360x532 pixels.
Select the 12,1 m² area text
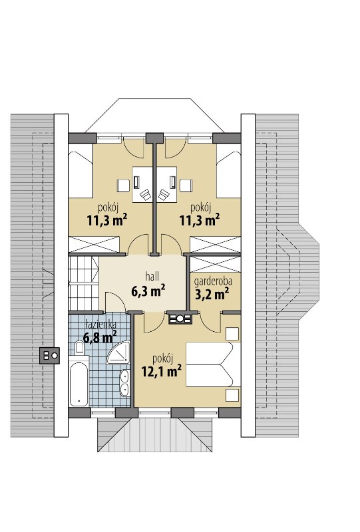pyautogui.click(x=161, y=371)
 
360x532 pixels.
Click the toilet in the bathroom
pyautogui.click(x=80, y=348)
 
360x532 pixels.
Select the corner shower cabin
pyautogui.click(x=119, y=352)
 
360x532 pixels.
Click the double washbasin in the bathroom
pyautogui.click(x=125, y=384)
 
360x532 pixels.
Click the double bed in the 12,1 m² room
pyautogui.click(x=213, y=364)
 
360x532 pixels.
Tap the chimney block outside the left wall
pyautogui.click(x=50, y=356)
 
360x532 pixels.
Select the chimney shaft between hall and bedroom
pyautogui.click(x=180, y=319)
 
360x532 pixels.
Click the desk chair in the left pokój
pyautogui.click(x=146, y=194)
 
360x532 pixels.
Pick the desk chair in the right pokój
pyautogui.click(x=164, y=194)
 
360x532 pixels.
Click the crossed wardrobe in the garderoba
pyautogui.click(x=215, y=265)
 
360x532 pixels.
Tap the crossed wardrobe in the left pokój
pyautogui.click(x=94, y=245)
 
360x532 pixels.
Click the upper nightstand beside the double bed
pyautogui.click(x=232, y=333)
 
